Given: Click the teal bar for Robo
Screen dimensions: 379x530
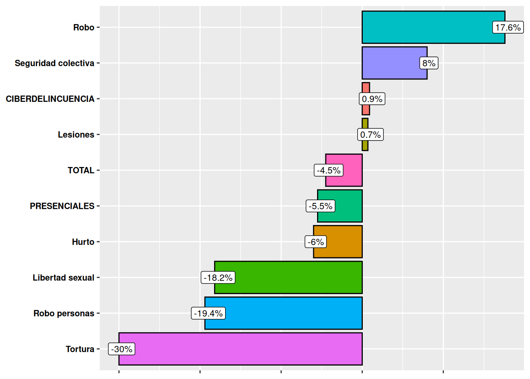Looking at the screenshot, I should click(426, 27).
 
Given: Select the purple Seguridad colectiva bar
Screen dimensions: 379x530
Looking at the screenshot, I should click(390, 63).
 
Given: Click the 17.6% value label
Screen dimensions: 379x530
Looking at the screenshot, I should click(508, 27).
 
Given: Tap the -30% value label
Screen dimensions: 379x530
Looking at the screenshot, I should click(122, 349).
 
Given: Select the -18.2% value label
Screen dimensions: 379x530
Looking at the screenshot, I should click(218, 278).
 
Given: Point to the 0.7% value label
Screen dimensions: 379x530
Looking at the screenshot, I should click(370, 135).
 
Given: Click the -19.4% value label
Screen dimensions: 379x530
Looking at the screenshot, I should click(208, 313).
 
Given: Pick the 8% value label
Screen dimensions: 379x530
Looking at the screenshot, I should click(429, 63).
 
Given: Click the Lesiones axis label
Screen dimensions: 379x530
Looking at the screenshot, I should click(76, 135).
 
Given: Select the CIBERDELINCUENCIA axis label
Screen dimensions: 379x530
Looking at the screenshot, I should click(50, 99).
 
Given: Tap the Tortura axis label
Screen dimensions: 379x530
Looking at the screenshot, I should click(80, 349).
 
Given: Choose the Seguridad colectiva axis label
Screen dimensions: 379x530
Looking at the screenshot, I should click(54, 63).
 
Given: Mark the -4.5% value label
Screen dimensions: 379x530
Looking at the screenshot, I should click(328, 170).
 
